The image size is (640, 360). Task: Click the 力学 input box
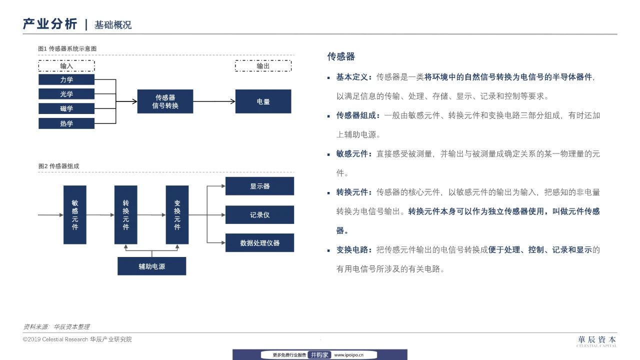[66, 79]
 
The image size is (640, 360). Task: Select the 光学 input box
[66, 94]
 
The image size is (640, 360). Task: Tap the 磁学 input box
[66, 108]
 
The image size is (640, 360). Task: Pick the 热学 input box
[66, 123]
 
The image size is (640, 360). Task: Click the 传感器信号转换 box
[165, 101]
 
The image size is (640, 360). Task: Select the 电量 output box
[263, 101]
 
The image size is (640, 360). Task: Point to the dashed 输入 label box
[66, 65]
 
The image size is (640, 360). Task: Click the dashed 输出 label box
[263, 65]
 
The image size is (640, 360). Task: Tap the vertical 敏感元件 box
[75, 215]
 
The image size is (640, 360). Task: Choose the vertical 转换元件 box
[125, 215]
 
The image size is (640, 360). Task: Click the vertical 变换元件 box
[177, 215]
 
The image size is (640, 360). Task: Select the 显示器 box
[259, 186]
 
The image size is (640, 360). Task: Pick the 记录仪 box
[259, 214]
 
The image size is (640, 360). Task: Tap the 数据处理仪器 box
[259, 243]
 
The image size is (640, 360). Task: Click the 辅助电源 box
[151, 266]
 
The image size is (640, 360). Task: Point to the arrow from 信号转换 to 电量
[214, 101]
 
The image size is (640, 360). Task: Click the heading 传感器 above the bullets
[341, 56]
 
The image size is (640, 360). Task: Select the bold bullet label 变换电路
[352, 249]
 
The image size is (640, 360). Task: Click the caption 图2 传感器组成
[58, 166]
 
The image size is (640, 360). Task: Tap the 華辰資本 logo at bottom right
[596, 341]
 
